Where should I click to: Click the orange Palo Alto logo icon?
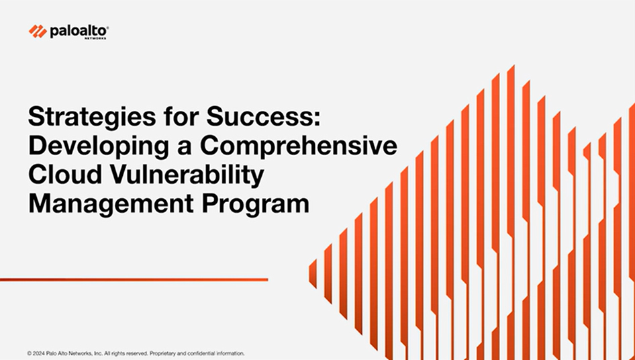pyautogui.click(x=38, y=31)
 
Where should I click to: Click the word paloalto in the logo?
pyautogui.click(x=78, y=31)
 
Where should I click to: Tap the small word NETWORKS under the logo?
pyautogui.click(x=95, y=38)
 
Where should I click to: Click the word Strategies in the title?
pyautogui.click(x=91, y=117)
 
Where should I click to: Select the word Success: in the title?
pyautogui.click(x=263, y=116)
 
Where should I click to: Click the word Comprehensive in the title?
pyautogui.click(x=299, y=145)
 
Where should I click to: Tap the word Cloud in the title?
pyautogui.click(x=65, y=175)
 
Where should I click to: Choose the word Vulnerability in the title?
pyautogui.click(x=187, y=175)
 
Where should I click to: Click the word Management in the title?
pyautogui.click(x=111, y=204)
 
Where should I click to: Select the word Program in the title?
pyautogui.click(x=256, y=204)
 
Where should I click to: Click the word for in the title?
pyautogui.click(x=181, y=116)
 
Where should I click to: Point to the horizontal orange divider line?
pyautogui.click(x=134, y=279)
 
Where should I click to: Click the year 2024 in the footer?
pyautogui.click(x=39, y=353)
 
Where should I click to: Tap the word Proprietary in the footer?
pyautogui.click(x=162, y=353)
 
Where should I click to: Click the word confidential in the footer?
pyautogui.click(x=201, y=353)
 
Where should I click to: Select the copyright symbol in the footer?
pyautogui.click(x=30, y=353)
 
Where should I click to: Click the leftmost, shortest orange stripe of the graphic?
pyautogui.click(x=313, y=273)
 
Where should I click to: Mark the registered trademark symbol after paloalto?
pyautogui.click(x=107, y=28)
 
